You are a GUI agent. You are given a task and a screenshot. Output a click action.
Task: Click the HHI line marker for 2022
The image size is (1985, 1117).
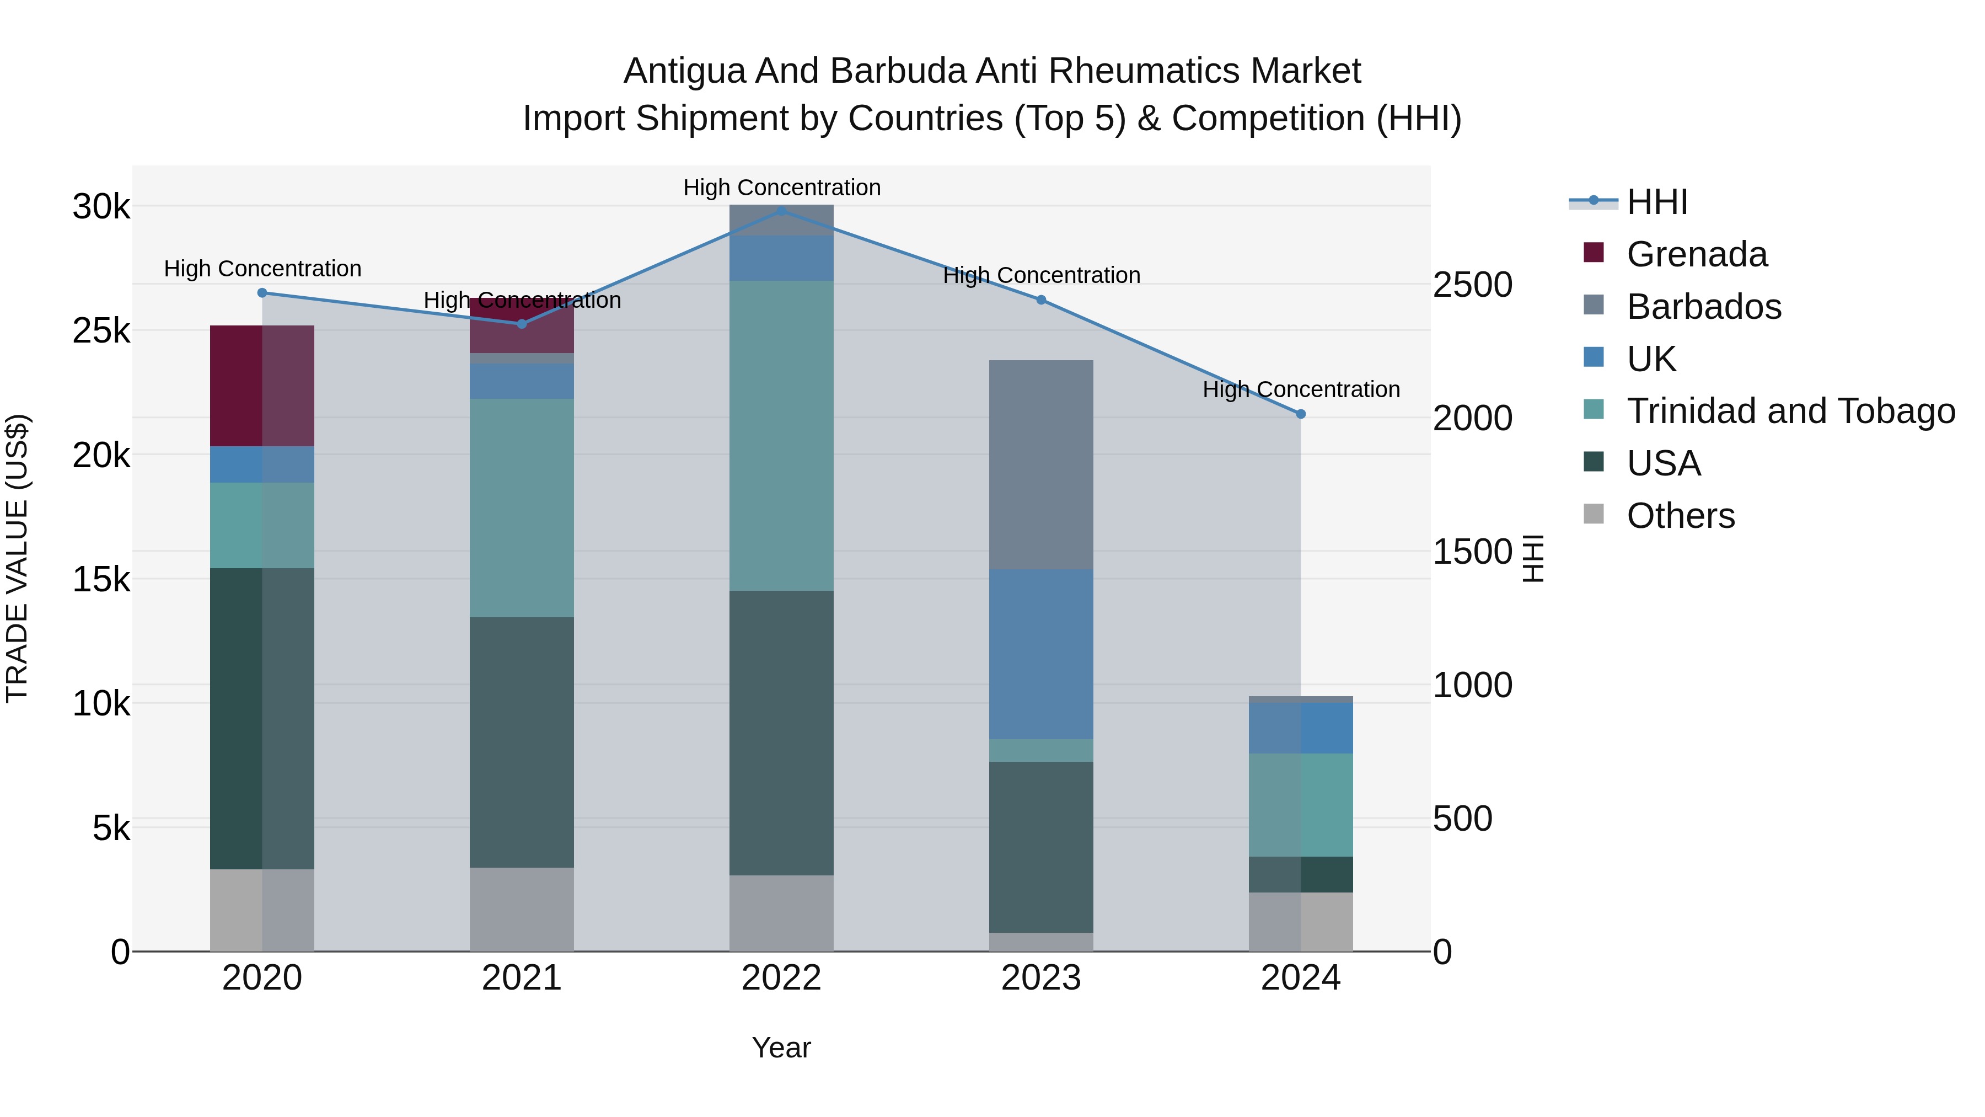coord(781,211)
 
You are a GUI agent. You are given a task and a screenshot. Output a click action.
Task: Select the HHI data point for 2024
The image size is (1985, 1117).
coord(1301,414)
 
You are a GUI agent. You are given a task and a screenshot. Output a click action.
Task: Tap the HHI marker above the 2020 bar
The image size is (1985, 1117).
coord(262,293)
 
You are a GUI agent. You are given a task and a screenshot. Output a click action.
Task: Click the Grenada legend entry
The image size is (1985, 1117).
coord(1696,254)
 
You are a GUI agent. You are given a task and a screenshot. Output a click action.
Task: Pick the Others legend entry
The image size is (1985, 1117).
coord(1680,516)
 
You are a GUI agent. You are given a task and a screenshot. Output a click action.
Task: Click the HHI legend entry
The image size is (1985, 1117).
coord(1657,202)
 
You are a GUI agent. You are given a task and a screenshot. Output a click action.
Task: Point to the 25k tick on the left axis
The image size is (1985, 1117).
coord(101,332)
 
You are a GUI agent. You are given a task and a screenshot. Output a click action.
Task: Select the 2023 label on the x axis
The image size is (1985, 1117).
coord(1041,978)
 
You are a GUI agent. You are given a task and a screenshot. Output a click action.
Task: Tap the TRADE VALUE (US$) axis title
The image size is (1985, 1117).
coord(18,558)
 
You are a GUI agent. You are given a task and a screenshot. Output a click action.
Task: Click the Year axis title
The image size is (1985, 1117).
coord(781,1047)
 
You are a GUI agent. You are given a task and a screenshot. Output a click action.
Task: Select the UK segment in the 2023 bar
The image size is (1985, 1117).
coord(1041,654)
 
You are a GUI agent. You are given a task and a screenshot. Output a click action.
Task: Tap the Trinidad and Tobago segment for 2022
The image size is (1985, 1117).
coord(781,436)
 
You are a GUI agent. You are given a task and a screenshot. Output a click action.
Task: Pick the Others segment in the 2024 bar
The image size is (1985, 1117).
coord(1301,921)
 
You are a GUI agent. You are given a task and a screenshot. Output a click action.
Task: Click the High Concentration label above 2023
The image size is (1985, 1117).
coord(1041,275)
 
